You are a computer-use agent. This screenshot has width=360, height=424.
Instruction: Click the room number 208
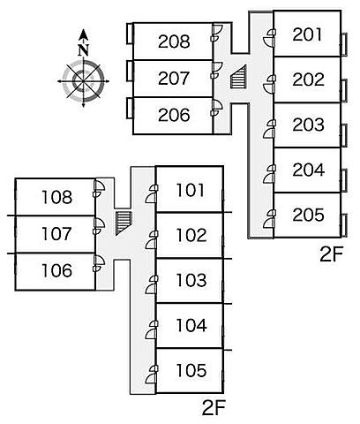point(174,42)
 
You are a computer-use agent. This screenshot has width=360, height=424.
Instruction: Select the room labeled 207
point(174,79)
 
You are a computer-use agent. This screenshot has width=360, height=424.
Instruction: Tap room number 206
point(174,115)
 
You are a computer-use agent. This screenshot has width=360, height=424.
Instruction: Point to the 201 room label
point(307,34)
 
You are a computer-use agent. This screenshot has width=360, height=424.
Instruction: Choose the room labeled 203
point(308,125)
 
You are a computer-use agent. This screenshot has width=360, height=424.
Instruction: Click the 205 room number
point(308,215)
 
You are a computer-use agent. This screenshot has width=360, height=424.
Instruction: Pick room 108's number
point(56,197)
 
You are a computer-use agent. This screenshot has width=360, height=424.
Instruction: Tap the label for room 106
point(56,270)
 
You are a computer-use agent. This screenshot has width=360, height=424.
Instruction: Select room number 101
point(190,190)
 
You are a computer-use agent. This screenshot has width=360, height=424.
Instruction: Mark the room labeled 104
point(191,325)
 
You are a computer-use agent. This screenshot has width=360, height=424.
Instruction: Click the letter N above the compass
point(84,50)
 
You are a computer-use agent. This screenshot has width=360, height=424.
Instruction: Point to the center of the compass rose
point(84,81)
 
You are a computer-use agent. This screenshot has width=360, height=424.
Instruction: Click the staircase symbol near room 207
point(238,77)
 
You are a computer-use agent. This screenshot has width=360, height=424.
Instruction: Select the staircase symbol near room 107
point(124,223)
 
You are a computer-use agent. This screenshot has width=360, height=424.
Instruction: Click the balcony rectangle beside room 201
point(344,44)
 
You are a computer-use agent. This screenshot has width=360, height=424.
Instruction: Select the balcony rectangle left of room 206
point(130,109)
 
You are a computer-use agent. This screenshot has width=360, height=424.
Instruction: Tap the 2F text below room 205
point(332,255)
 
